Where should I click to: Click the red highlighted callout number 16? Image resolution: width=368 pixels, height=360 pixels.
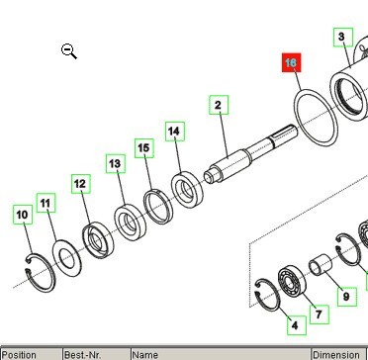coord(291,63)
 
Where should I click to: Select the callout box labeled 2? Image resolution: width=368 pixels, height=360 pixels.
coord(218,104)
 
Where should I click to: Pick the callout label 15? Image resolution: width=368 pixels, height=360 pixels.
coord(144,148)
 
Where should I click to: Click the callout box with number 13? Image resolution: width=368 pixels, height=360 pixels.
coord(115,163)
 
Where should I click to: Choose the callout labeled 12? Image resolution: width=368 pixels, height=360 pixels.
coord(80,184)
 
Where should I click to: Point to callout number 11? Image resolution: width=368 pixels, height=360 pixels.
coord(46,203)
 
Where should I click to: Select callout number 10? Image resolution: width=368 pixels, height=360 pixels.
coord(22,215)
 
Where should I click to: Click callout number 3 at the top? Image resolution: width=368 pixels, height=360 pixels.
coord(341,39)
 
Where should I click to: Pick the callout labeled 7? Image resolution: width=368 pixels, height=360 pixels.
coord(319,315)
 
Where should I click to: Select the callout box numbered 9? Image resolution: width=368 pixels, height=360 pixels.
coord(345,296)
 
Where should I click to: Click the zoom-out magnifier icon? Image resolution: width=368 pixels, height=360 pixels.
coord(69,51)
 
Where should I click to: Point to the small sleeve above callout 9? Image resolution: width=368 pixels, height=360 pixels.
coord(322,267)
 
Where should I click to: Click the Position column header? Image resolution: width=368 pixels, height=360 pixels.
coord(20,354)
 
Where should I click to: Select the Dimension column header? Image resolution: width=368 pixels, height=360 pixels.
coord(336,354)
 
